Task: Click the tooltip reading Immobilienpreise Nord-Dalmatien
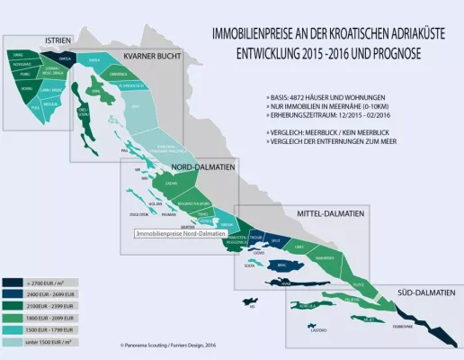tap(180, 234)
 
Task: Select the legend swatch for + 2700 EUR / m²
tap(15, 282)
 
